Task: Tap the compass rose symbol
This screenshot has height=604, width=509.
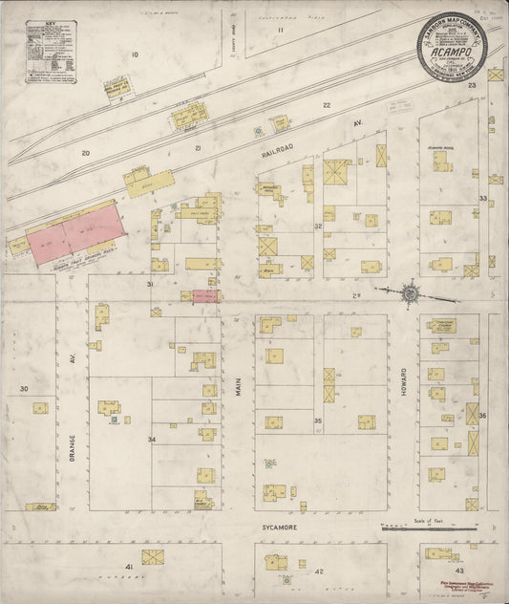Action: (x=408, y=293)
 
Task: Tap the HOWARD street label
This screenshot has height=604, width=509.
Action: (x=404, y=411)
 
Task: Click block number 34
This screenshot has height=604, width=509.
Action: (x=151, y=439)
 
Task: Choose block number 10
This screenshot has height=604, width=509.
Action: (x=136, y=54)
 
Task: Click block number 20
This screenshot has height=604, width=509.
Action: (x=85, y=153)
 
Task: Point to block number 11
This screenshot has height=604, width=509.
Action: (x=281, y=30)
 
